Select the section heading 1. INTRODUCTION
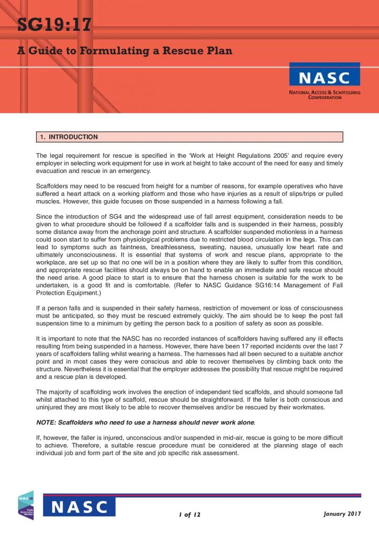click(70, 137)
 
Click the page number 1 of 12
click(189, 515)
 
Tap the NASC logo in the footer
click(79, 507)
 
